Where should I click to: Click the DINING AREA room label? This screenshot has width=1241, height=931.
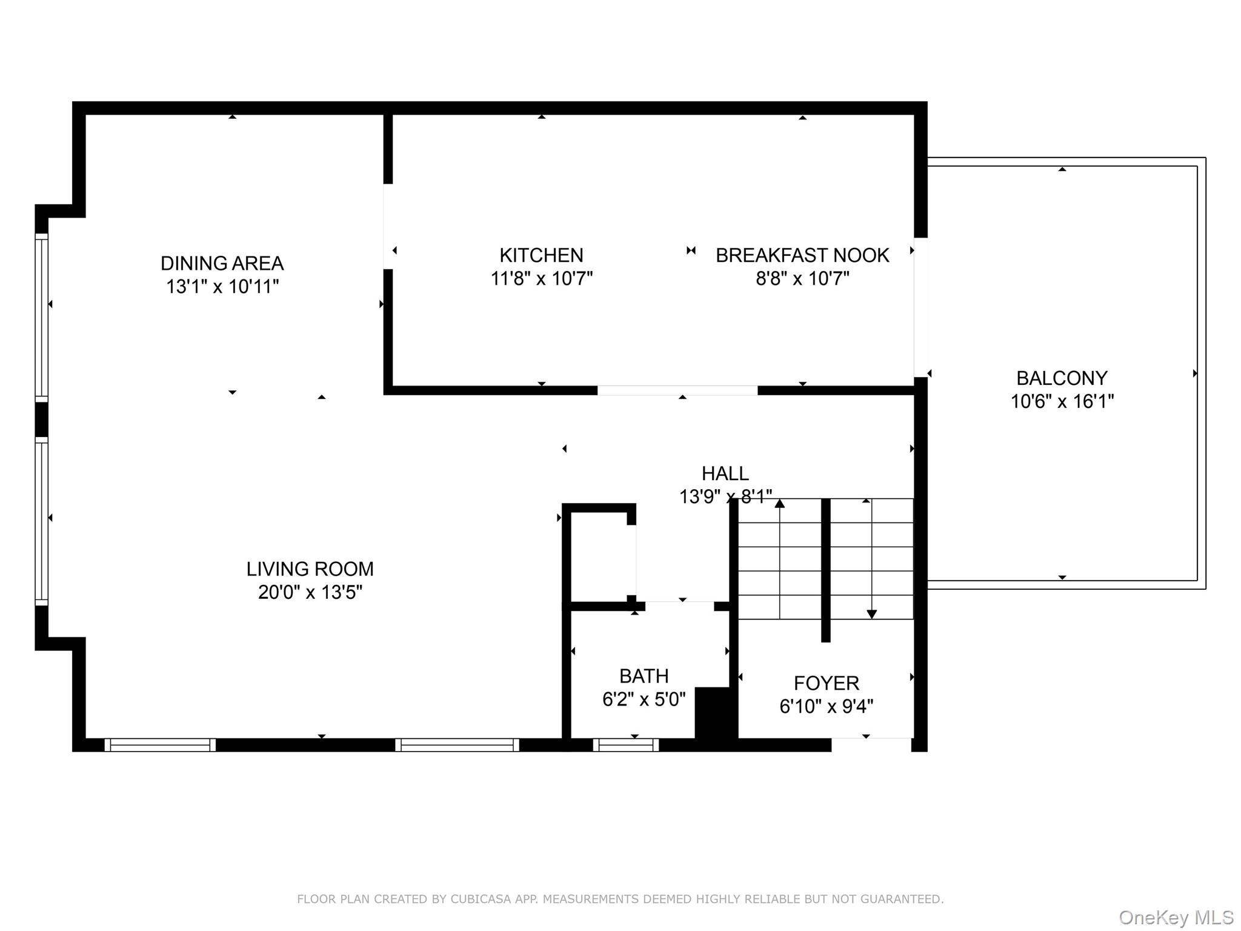[222, 263]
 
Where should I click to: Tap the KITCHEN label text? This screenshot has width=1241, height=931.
[541, 255]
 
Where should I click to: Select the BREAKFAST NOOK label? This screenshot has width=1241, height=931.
[802, 255]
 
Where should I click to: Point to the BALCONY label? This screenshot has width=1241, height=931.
[1062, 378]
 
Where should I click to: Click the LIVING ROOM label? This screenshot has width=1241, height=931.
[310, 569]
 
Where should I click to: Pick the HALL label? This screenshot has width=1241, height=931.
[725, 473]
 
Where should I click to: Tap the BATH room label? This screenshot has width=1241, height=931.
[644, 676]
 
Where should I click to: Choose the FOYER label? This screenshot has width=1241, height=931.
[826, 683]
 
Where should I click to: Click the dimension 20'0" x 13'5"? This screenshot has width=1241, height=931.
[310, 592]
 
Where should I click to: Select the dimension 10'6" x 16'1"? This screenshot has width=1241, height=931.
[1062, 401]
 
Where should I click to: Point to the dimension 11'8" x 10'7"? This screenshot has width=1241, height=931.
[541, 278]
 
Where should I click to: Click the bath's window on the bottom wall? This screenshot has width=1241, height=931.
[625, 745]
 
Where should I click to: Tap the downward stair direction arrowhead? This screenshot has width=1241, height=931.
[871, 614]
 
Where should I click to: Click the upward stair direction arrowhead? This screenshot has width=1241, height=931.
[780, 503]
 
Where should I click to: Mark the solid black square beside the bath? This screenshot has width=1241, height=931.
[715, 712]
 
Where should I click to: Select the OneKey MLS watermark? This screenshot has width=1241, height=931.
[1176, 917]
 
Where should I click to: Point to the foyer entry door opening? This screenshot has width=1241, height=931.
[871, 745]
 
